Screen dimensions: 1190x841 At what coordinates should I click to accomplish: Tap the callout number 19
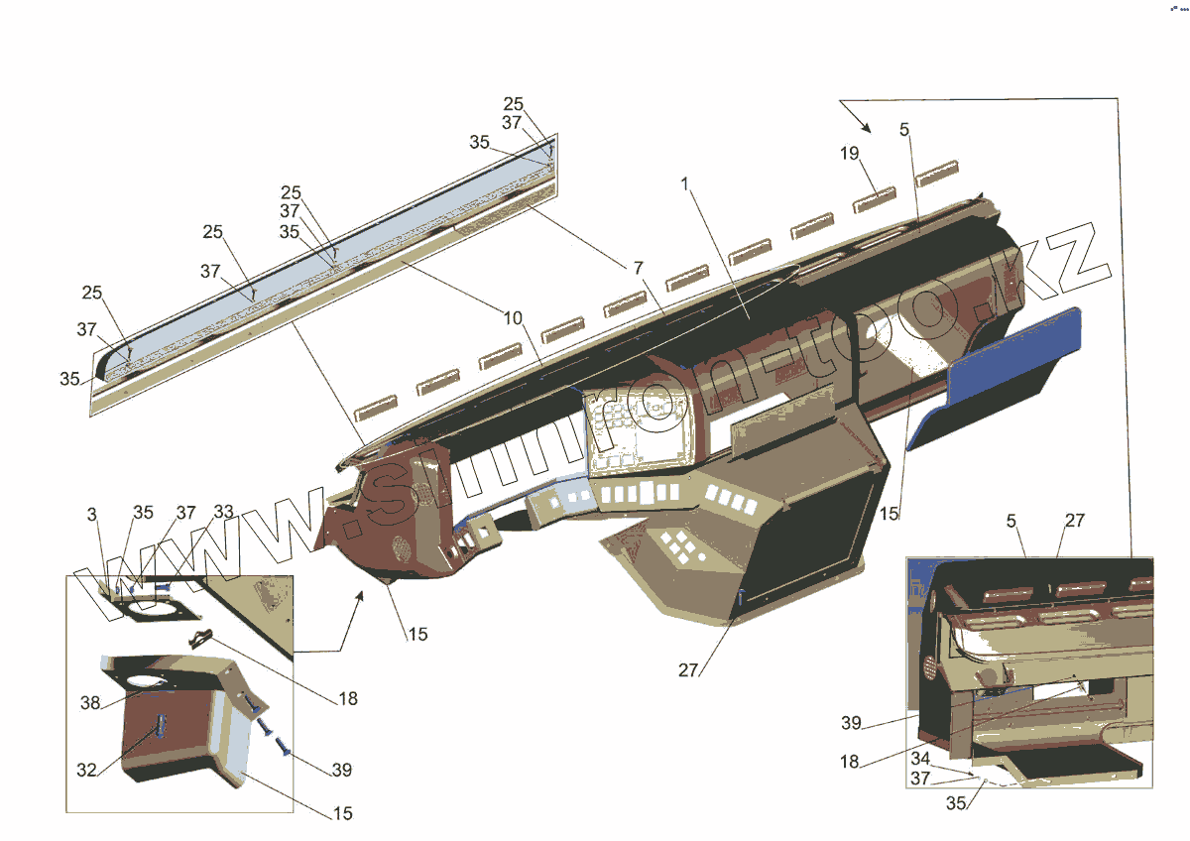[850, 155]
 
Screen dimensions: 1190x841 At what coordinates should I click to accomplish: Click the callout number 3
[92, 514]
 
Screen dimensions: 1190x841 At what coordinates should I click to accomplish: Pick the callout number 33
[224, 513]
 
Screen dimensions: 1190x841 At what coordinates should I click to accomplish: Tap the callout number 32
[88, 769]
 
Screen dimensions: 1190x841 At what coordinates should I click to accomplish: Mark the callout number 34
[921, 759]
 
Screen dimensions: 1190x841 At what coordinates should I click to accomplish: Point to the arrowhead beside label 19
[865, 127]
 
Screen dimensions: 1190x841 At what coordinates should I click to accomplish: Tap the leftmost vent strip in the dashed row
[376, 403]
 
